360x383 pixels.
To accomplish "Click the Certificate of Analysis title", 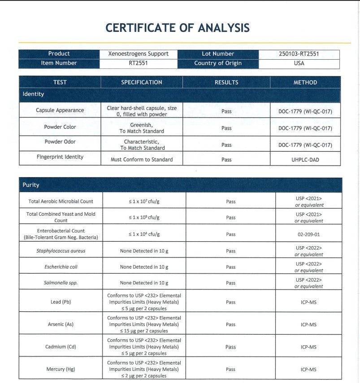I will click(178, 28).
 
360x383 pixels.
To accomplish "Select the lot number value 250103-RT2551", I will click(299, 54).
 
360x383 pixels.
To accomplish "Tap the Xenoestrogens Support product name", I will click(139, 54).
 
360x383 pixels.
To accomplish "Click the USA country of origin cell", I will click(299, 63).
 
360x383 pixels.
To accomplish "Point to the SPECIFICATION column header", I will click(142, 83).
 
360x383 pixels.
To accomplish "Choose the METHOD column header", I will click(305, 83).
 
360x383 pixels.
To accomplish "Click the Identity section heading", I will click(34, 94).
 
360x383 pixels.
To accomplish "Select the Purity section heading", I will click(31, 185).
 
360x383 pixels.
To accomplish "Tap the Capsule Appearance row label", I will click(60, 110).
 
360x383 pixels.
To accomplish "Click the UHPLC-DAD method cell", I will click(305, 160).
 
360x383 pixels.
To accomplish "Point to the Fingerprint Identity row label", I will click(60, 157).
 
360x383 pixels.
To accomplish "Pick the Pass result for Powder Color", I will click(226, 128).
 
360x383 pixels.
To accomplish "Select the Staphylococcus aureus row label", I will click(61, 251).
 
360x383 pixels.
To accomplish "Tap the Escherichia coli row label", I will click(61, 267).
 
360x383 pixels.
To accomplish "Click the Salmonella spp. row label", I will click(61, 283).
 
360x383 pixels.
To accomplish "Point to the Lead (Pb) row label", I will click(61, 302).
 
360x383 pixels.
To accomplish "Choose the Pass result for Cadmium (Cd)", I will click(230, 347).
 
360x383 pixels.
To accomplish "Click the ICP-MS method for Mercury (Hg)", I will click(308, 370).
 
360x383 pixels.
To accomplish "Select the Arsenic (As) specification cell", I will click(144, 324).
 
